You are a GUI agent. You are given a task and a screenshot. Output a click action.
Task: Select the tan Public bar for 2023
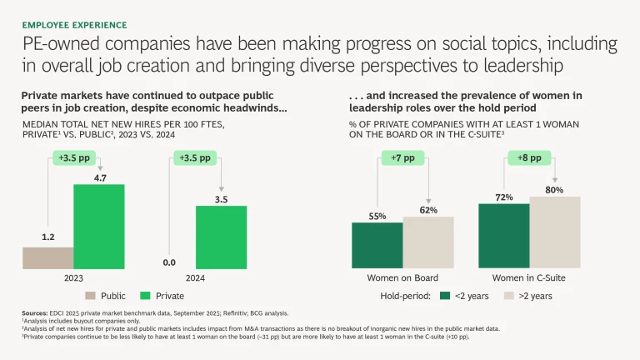(48, 257)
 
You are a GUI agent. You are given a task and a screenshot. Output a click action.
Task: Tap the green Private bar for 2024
(221, 237)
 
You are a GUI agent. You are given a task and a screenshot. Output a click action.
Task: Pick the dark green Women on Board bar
(377, 246)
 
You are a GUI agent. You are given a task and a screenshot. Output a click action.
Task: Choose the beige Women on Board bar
(427, 242)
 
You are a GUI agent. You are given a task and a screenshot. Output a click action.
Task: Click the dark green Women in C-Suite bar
(503, 237)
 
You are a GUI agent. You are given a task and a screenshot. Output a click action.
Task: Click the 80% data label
(554, 189)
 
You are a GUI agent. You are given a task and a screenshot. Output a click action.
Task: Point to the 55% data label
(377, 216)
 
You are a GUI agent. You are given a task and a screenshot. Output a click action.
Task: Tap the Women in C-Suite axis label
(529, 277)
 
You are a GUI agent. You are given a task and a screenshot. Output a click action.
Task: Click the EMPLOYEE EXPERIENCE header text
(74, 26)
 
